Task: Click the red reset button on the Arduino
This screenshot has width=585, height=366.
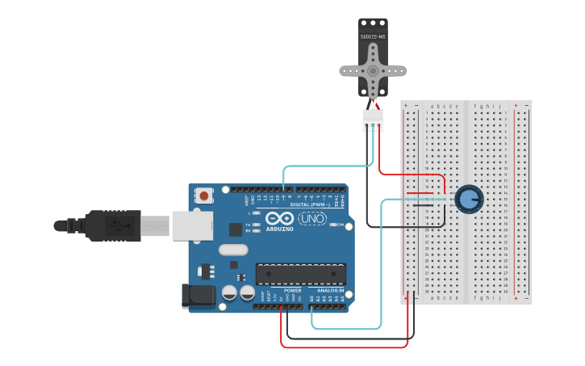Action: click(204, 195)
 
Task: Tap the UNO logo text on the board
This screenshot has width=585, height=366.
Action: click(312, 218)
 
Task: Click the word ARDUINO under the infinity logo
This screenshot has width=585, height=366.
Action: click(279, 229)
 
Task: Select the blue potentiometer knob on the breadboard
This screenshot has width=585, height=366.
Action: click(468, 199)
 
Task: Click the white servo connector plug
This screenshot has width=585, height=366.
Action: click(373, 120)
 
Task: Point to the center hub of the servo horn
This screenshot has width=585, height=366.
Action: click(373, 69)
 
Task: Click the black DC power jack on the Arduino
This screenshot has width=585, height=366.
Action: click(198, 296)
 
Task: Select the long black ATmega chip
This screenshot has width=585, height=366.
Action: click(300, 274)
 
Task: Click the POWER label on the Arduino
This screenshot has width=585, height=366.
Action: click(292, 291)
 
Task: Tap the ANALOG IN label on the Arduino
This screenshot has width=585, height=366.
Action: click(330, 291)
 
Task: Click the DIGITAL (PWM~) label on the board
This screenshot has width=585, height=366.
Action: click(308, 204)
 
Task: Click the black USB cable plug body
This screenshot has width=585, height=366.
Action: click(113, 225)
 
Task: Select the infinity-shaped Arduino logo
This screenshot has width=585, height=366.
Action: click(278, 217)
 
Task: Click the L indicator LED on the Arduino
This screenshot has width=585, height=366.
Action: click(256, 213)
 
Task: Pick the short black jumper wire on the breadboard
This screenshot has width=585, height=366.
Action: click(423, 205)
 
